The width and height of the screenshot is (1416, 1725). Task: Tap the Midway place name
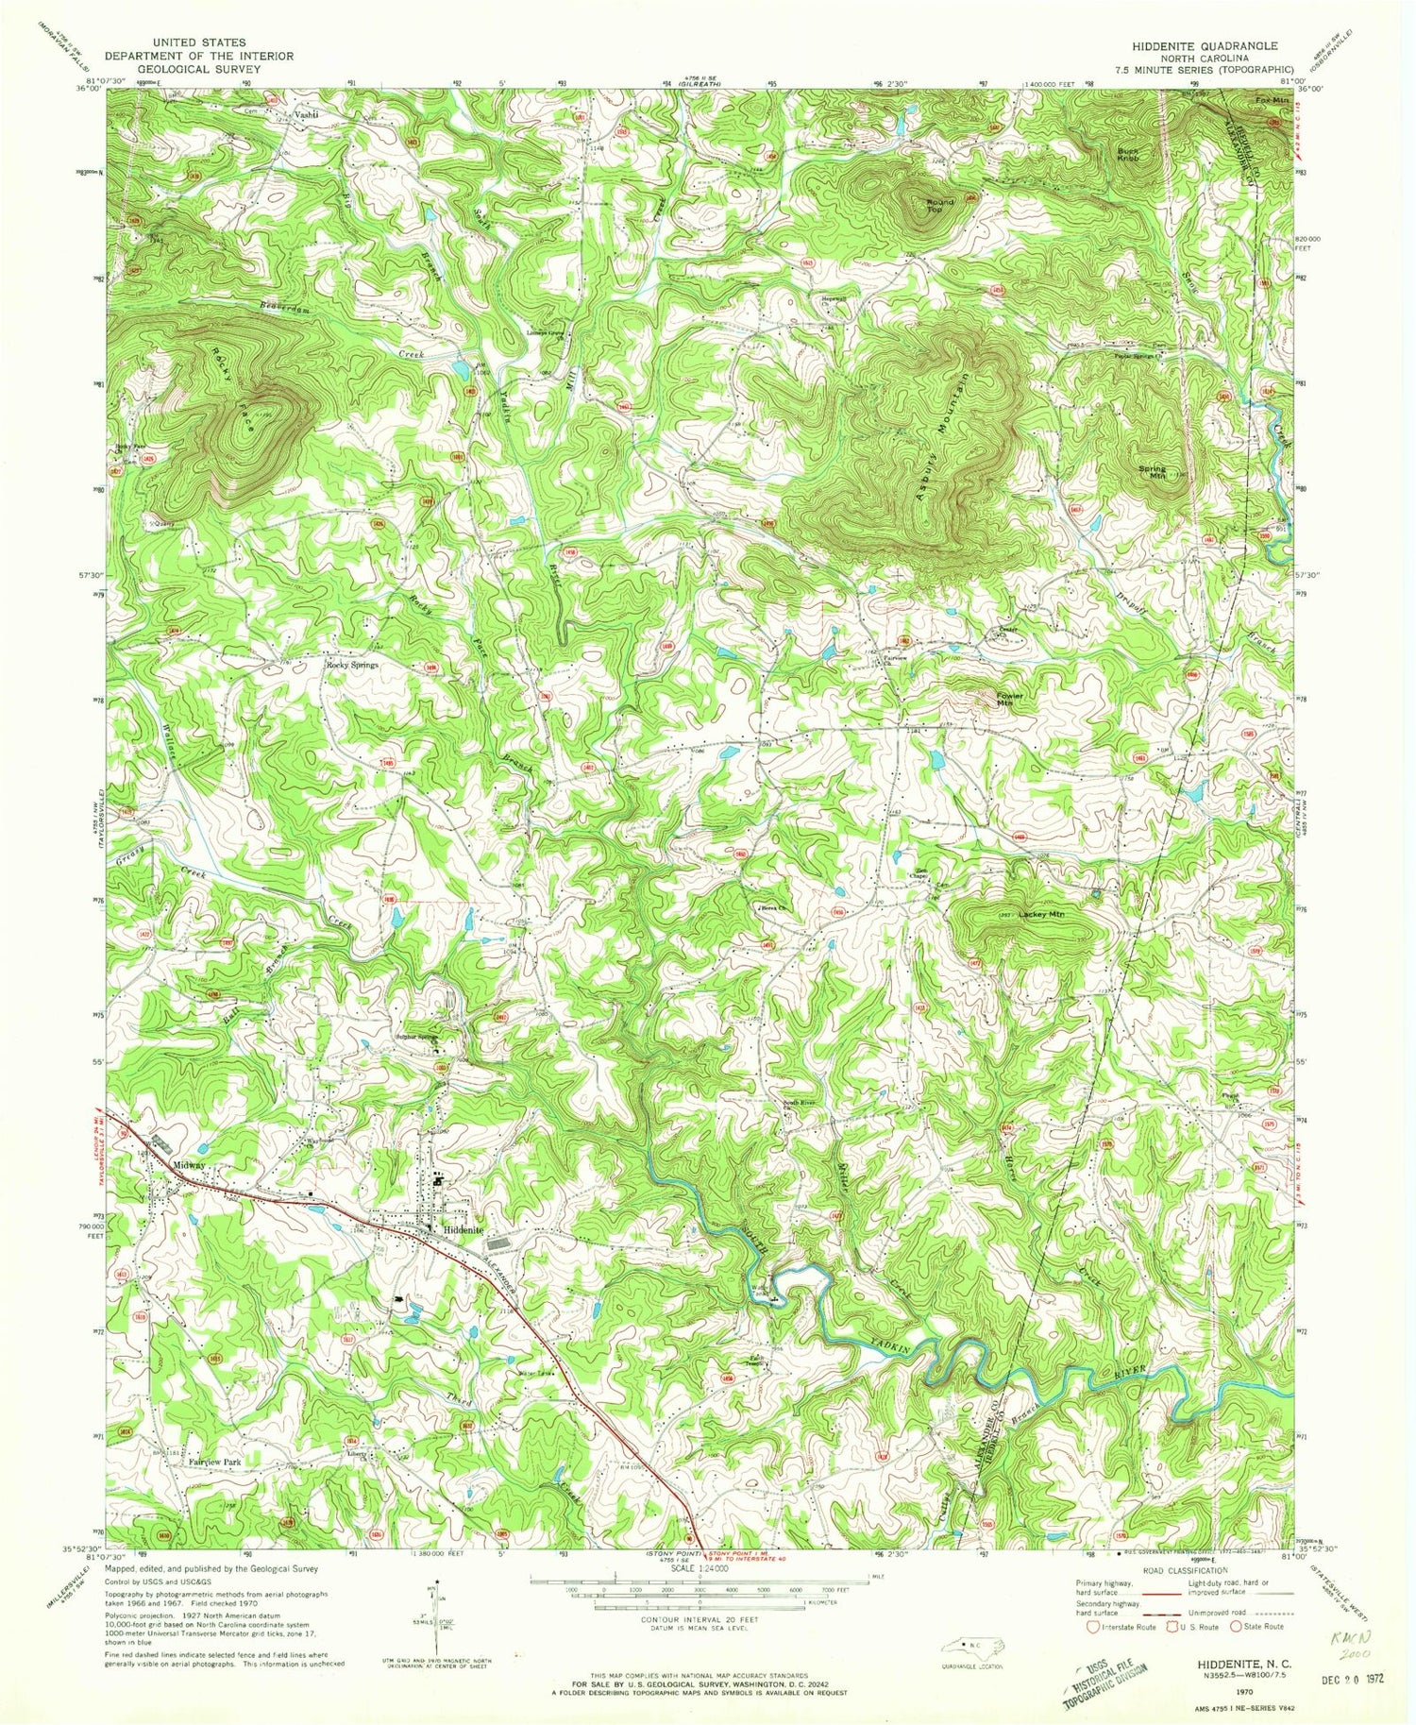pyautogui.click(x=189, y=1166)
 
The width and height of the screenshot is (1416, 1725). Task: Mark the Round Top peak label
pyautogui.click(x=939, y=206)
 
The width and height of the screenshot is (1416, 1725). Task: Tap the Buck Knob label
pyautogui.click(x=1130, y=154)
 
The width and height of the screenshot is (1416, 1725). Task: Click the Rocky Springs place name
pyautogui.click(x=352, y=665)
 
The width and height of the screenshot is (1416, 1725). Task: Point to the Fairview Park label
pyautogui.click(x=215, y=1463)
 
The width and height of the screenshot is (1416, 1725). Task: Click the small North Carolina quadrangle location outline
pyautogui.click(x=972, y=1646)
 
